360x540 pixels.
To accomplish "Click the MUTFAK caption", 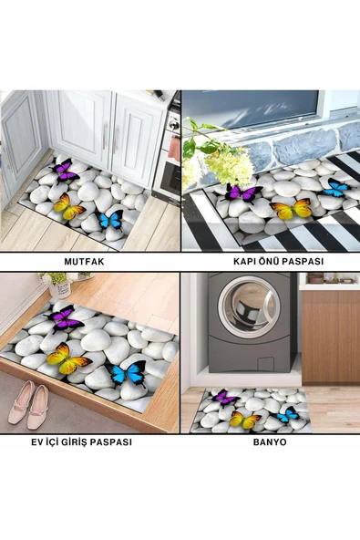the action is coord(84,262).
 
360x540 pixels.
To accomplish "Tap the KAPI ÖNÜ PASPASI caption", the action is coord(279,262).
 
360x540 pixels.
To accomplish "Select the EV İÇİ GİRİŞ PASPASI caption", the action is coord(81,441).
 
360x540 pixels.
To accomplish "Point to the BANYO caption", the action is coord(270,442).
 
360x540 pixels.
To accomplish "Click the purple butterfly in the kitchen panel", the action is coord(65,171).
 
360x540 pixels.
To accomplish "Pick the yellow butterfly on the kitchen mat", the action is coord(68,207).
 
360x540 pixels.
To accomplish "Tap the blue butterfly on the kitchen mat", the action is coord(112,220).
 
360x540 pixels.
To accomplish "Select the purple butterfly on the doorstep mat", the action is coord(242,193).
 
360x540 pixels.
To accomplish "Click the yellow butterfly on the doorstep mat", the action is coord(291,208).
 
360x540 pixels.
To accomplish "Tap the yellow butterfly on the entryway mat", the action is coord(67,358).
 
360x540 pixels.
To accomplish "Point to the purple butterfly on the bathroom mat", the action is coord(225,398).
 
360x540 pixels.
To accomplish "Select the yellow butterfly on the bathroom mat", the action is coord(244,420).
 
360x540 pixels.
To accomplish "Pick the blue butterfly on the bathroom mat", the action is coord(287,414).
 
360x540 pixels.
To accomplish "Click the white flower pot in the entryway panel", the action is coord(60,289).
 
